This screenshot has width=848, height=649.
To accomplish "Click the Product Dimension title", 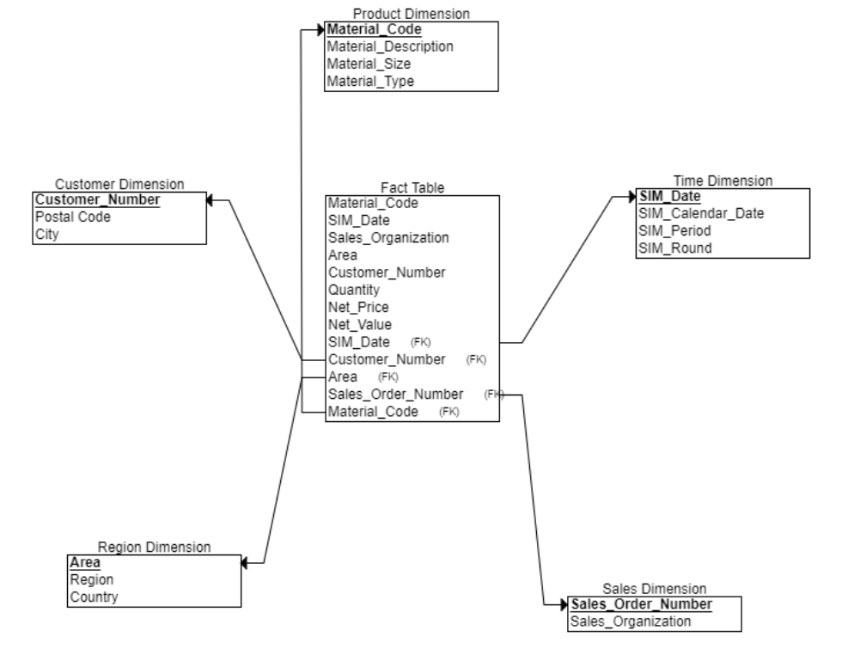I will tap(412, 14).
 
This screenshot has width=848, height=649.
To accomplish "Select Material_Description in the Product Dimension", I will tap(390, 46).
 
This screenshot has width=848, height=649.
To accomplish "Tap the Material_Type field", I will tap(370, 82).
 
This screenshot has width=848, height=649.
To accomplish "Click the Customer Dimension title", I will tap(119, 184).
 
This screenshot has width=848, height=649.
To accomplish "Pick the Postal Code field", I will tap(73, 217).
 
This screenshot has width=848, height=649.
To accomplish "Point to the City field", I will tap(47, 235).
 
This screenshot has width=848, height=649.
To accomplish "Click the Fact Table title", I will tap(412, 187).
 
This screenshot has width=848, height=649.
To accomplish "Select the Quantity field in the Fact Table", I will tap(353, 291).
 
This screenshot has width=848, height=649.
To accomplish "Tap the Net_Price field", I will tap(357, 308).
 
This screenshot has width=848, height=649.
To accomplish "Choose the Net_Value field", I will tap(359, 325).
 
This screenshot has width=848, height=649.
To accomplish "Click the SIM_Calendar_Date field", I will tap(701, 214).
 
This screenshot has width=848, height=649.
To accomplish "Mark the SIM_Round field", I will tap(674, 248).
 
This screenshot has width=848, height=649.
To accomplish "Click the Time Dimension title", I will tap(723, 181).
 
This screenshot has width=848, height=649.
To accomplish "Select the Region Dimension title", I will tap(155, 547).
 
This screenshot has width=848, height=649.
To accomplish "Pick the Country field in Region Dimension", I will tap(95, 597).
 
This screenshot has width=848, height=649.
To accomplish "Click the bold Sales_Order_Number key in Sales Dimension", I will tap(641, 604).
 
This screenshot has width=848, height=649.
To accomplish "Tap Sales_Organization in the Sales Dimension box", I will tap(631, 621).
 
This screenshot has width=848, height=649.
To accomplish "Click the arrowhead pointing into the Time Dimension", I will tap(631, 198).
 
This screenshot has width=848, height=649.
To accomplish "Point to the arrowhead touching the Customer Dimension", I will tap(210, 200).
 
